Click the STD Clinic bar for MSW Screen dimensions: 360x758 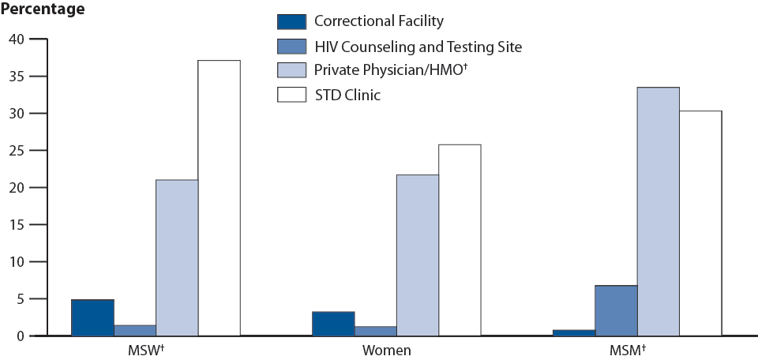click(219, 198)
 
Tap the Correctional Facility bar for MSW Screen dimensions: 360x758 click(92, 318)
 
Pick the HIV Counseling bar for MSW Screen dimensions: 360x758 click(135, 331)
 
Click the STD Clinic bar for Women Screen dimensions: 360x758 click(460, 240)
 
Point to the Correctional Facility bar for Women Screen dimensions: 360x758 click(333, 324)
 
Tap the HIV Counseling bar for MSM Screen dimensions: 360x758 click(616, 311)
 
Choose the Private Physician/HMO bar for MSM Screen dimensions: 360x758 click(659, 212)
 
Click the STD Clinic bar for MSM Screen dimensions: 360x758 click(700, 223)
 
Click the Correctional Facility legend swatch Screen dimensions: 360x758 click(290, 21)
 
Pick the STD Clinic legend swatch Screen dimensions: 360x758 click(290, 96)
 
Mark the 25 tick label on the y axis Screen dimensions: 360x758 click(17, 151)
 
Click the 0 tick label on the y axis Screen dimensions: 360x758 click(21, 336)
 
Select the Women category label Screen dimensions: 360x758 click(386, 350)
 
